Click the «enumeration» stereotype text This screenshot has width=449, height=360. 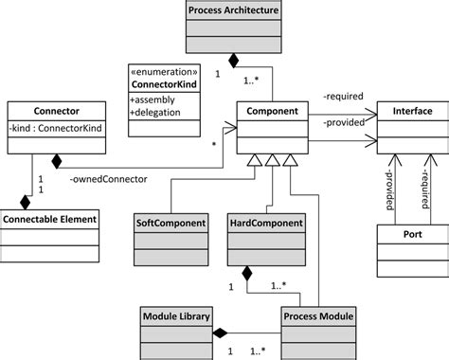(167, 71)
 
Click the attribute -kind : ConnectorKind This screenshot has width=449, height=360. (53, 127)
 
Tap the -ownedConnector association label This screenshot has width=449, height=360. (100, 176)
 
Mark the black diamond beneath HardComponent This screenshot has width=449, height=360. (245, 275)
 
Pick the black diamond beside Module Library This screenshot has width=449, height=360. (220, 333)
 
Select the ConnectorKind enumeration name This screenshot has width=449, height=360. (167, 83)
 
